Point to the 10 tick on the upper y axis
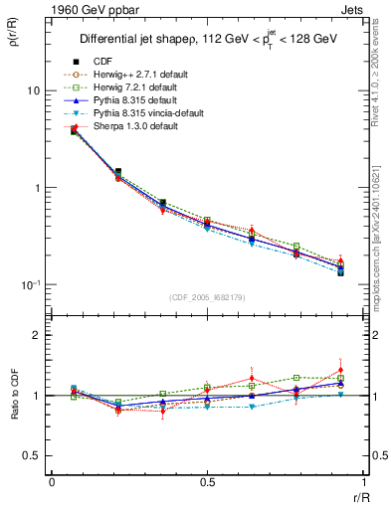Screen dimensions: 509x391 (32, 90)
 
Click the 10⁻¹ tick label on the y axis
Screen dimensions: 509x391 (30, 285)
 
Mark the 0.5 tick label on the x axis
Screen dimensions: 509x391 (207, 483)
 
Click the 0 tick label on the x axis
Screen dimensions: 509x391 (51, 483)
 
